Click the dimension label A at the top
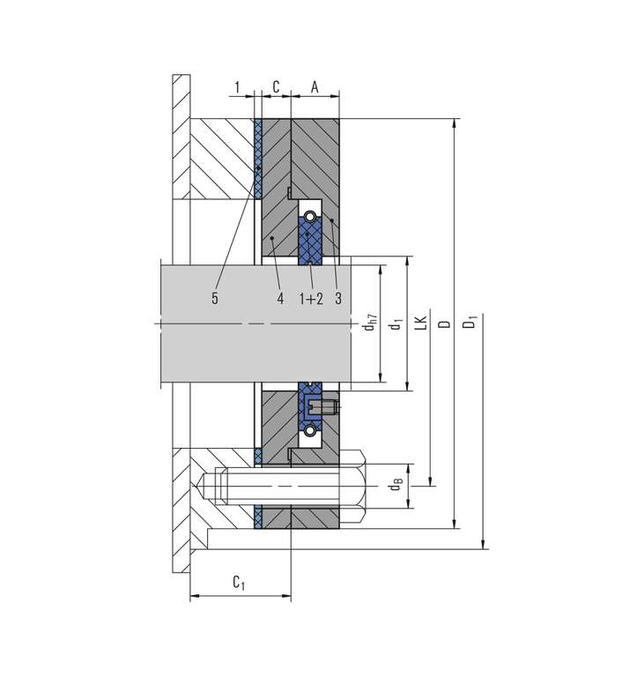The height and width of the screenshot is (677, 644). (315, 87)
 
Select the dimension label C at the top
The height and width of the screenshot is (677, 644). (277, 86)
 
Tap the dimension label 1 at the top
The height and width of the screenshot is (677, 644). (237, 87)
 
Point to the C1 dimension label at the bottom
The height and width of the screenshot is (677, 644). (239, 583)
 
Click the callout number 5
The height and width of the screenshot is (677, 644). (215, 298)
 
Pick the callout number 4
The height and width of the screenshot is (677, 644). (280, 298)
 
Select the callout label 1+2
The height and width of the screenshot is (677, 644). (311, 298)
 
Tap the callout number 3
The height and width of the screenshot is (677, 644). (338, 298)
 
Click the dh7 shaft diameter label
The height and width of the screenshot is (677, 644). (370, 322)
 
